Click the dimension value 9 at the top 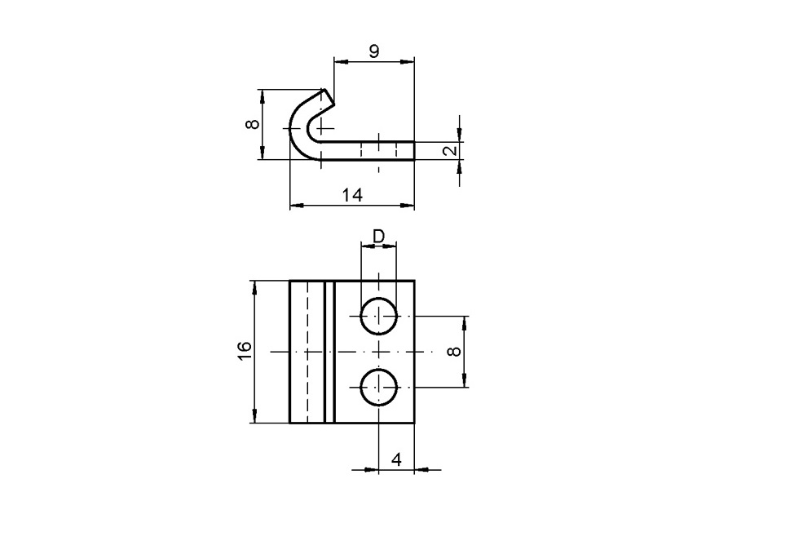(x=373, y=51)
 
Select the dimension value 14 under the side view (x=352, y=194)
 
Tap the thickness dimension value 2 (x=448, y=151)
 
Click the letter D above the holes (x=378, y=236)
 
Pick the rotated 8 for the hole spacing (x=454, y=351)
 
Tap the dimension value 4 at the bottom (x=396, y=459)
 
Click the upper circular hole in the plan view (x=379, y=316)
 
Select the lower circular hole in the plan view (x=379, y=387)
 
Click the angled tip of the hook (x=328, y=98)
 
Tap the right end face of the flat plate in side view (x=413, y=150)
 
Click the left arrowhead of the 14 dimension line (x=295, y=205)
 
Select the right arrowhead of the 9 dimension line (x=409, y=60)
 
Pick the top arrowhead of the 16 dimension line (x=255, y=286)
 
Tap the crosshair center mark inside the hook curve (x=322, y=128)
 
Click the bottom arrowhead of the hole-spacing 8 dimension (x=465, y=381)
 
